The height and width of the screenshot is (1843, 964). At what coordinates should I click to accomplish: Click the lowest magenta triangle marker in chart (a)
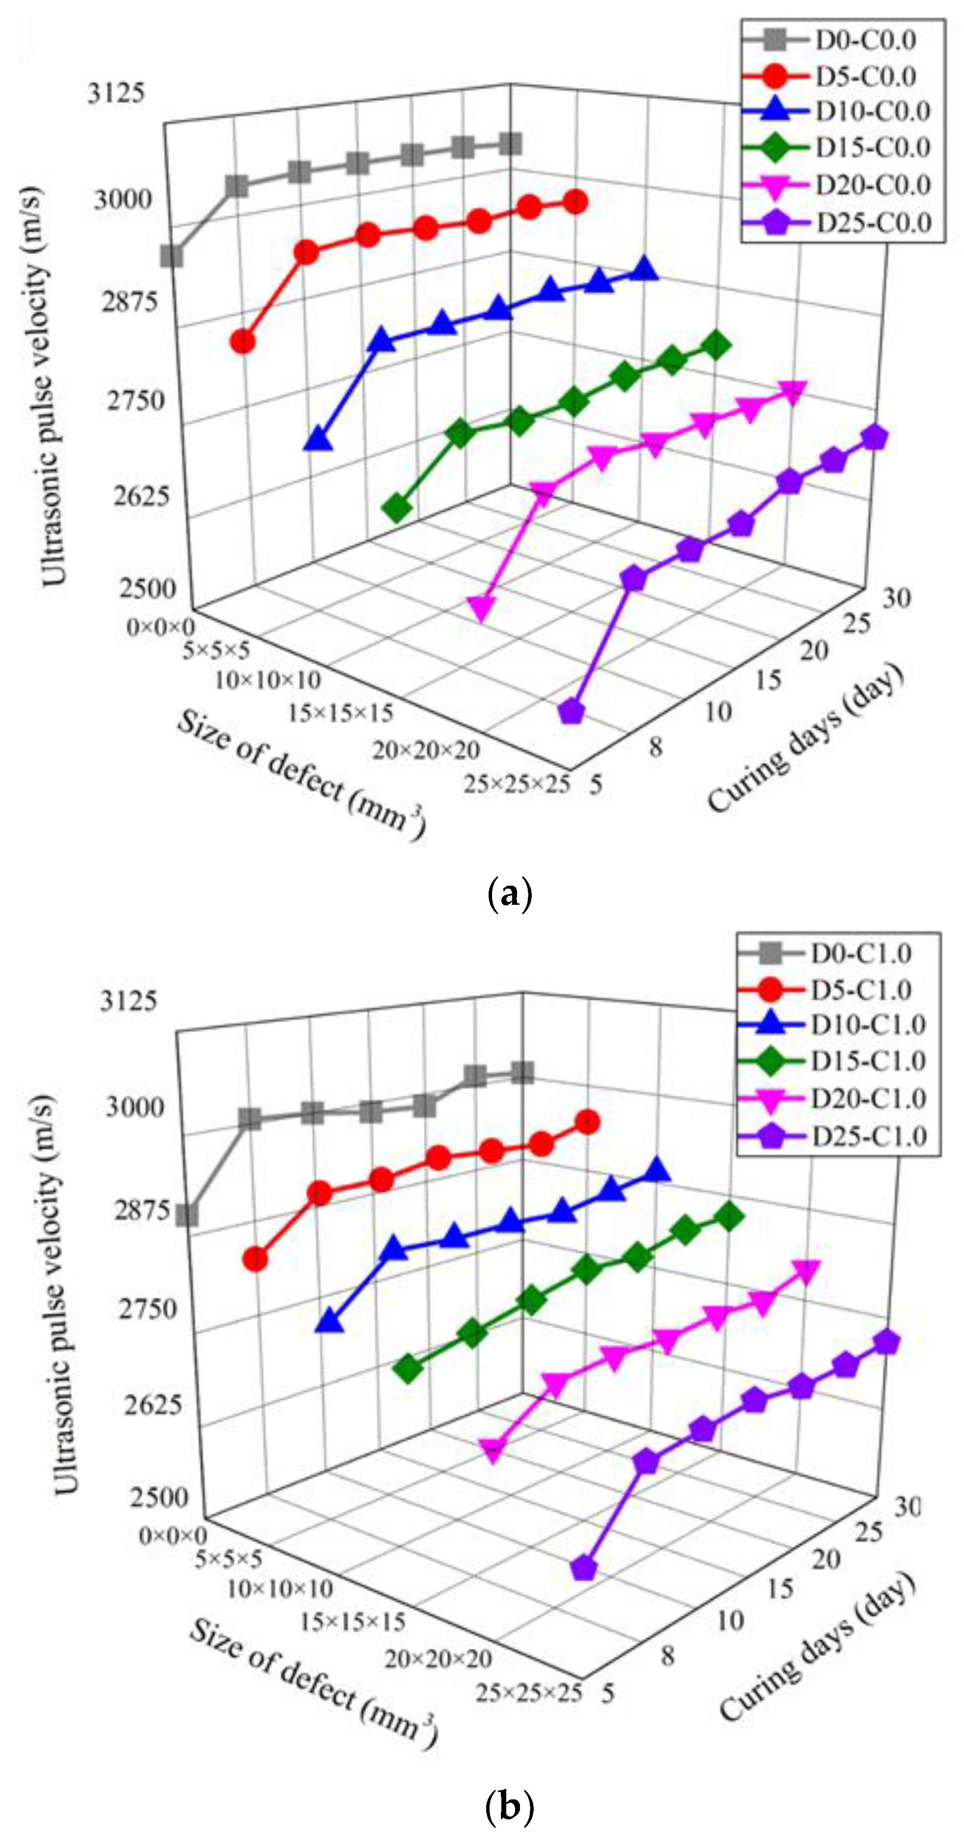[481, 608]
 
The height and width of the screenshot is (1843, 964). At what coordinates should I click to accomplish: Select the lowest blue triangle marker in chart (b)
[329, 1321]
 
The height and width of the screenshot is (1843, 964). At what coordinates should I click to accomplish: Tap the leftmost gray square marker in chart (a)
[172, 256]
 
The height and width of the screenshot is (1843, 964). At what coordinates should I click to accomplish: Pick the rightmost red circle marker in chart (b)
[587, 1122]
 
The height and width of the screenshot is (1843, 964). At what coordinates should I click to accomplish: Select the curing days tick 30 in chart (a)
[896, 597]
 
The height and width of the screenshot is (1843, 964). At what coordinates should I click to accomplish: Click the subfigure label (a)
[509, 895]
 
